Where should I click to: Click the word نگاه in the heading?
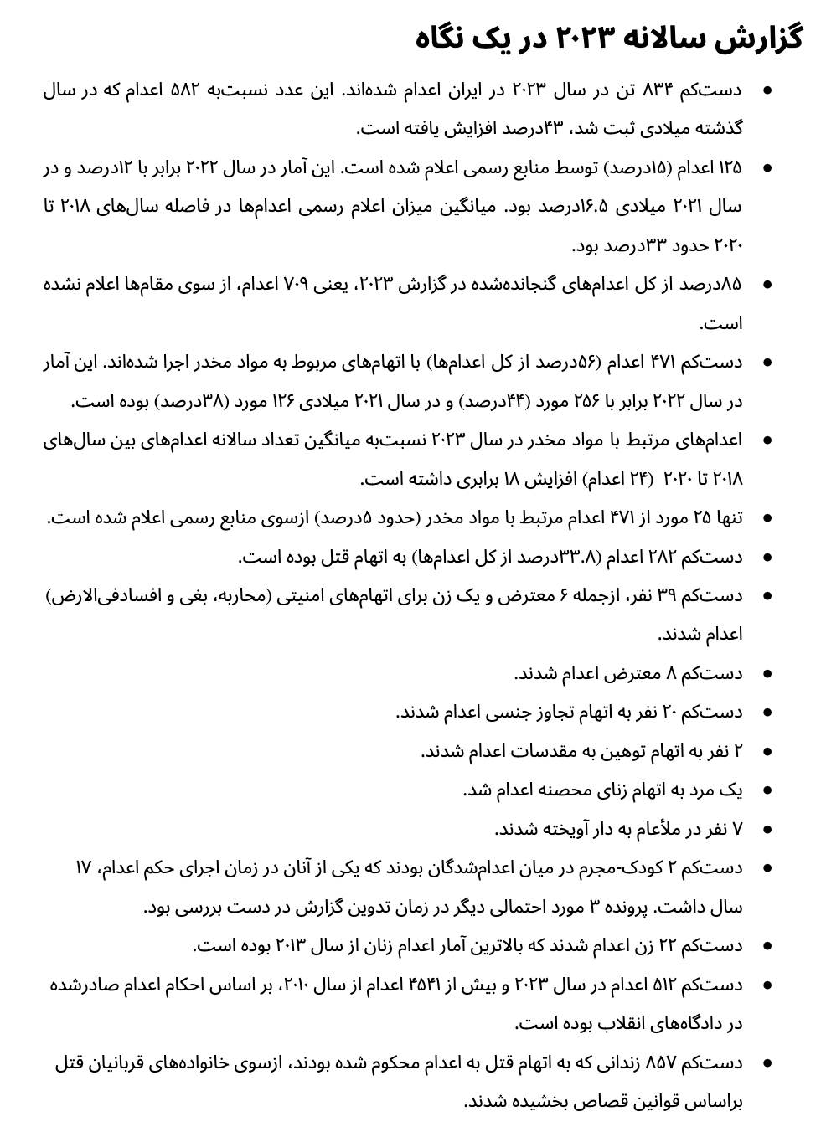point(447,38)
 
